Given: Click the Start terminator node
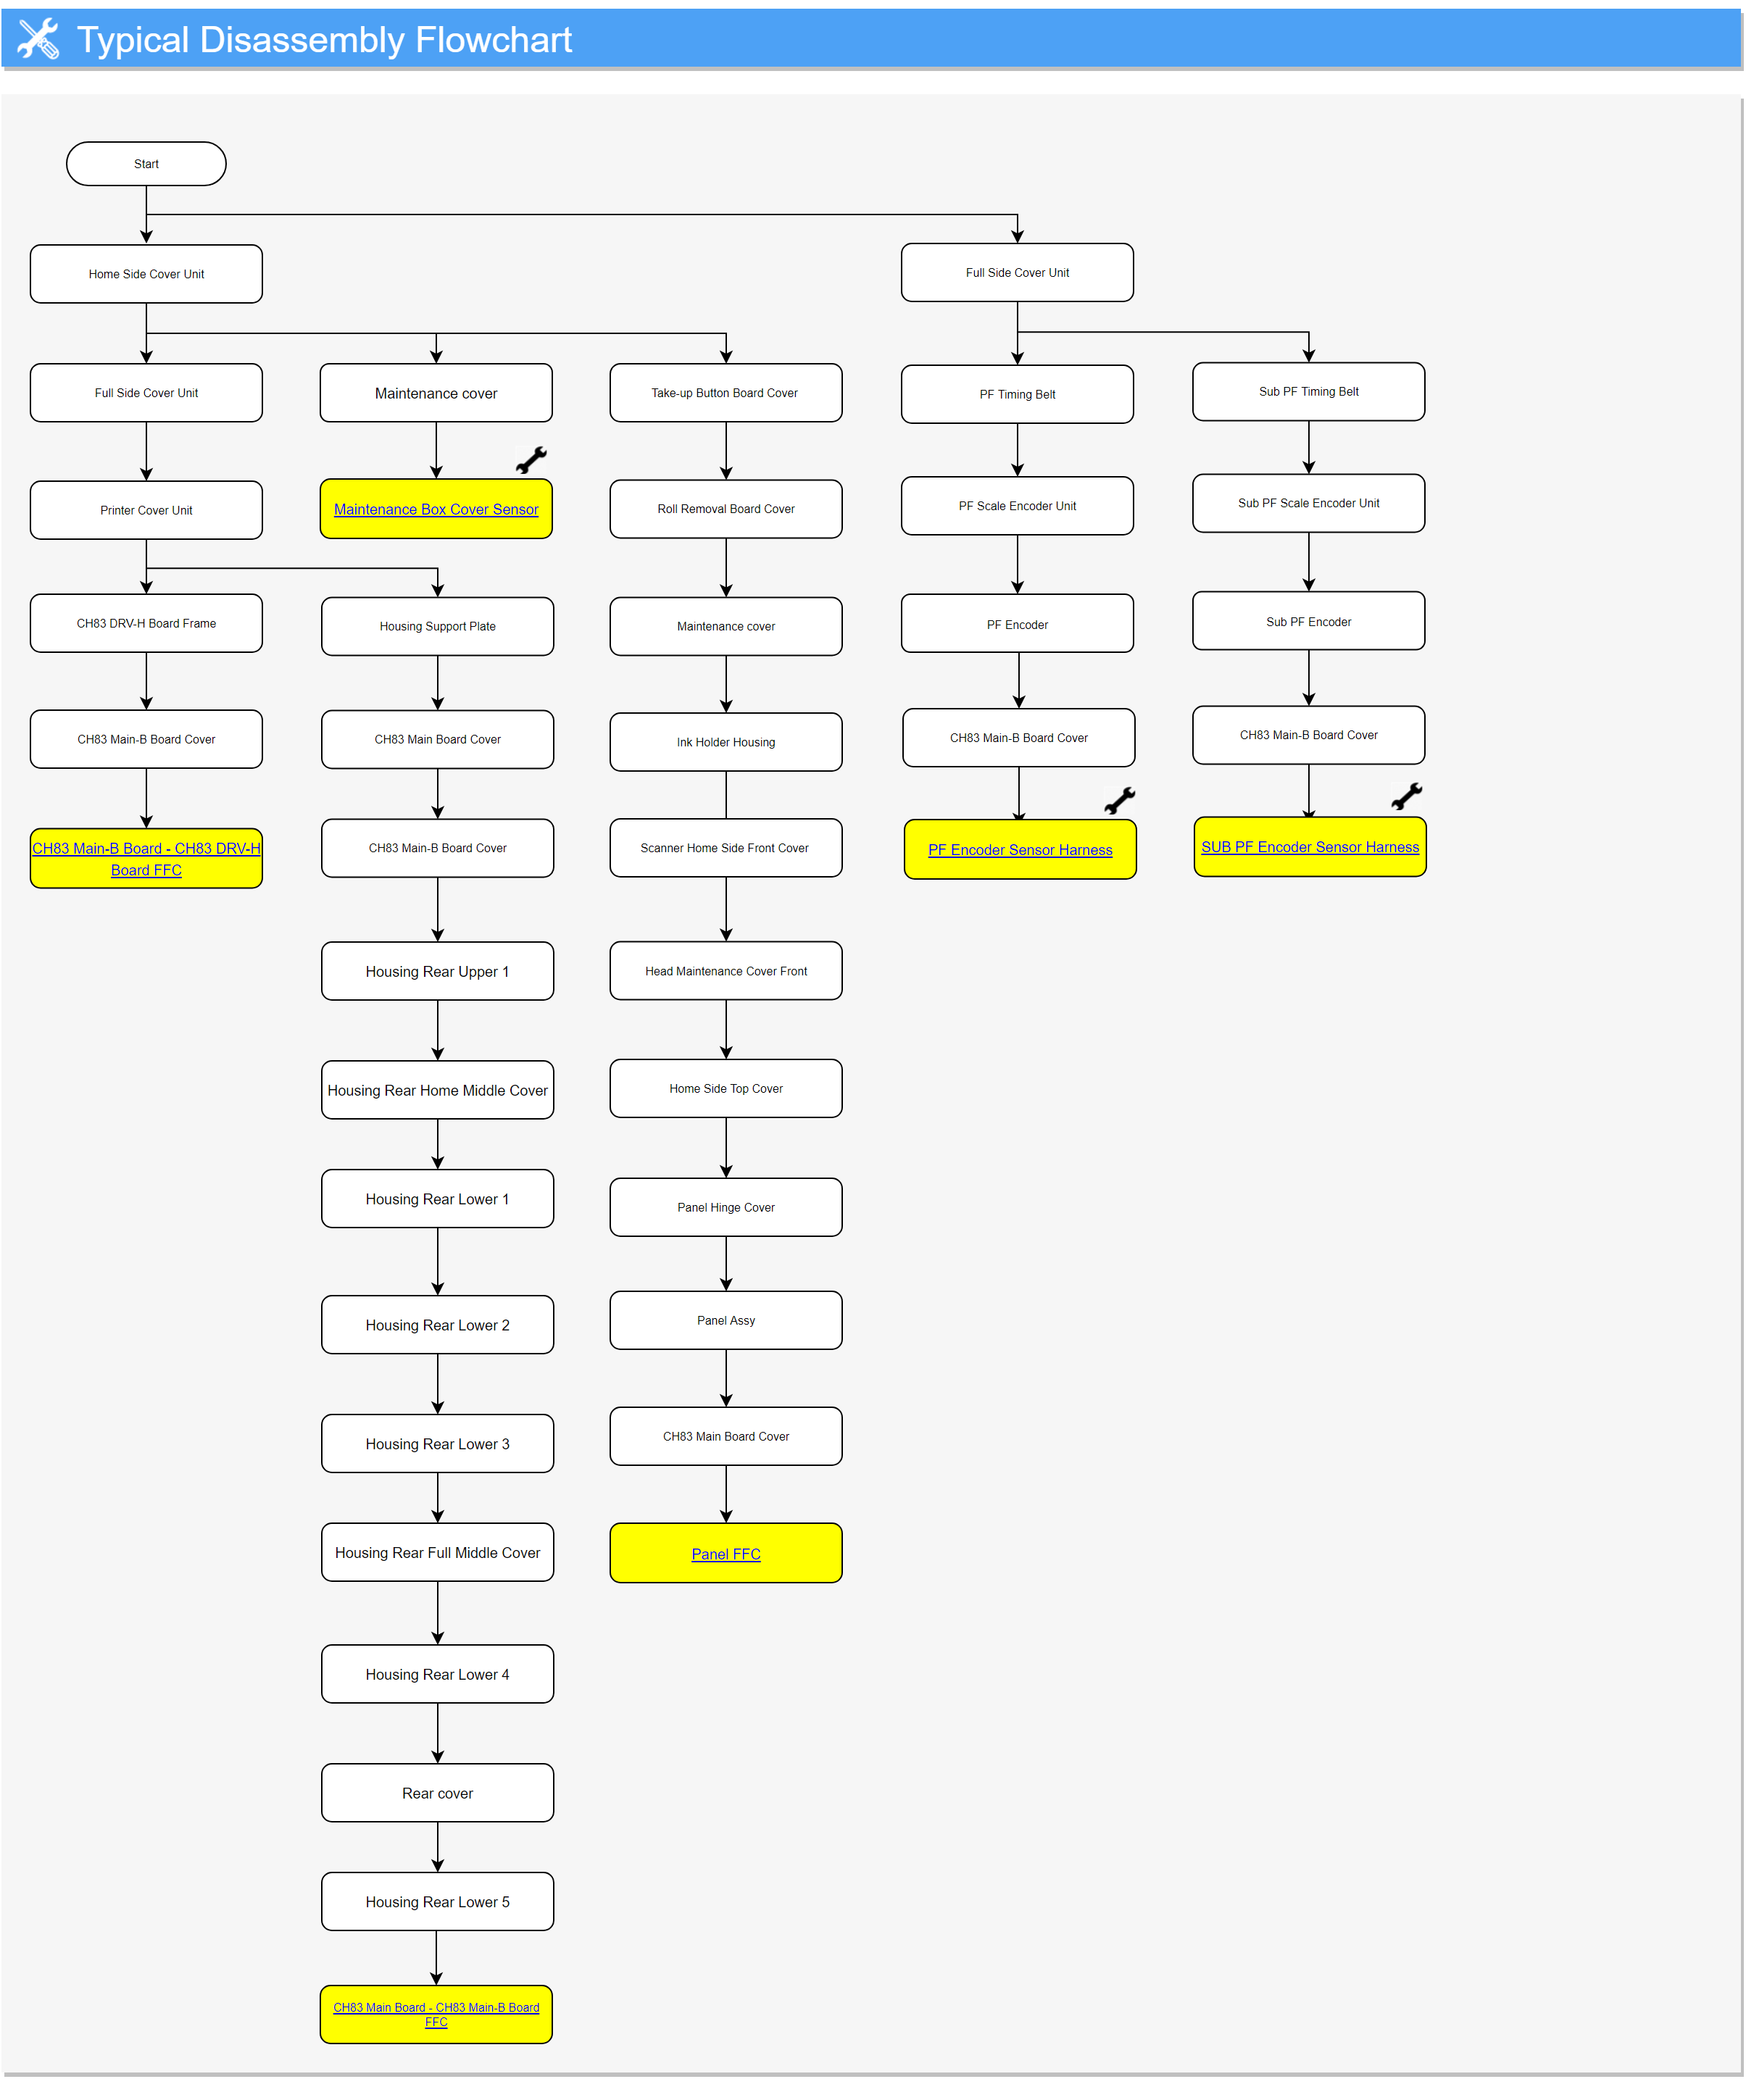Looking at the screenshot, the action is click(x=146, y=163).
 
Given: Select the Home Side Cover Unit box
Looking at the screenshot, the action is click(x=146, y=274).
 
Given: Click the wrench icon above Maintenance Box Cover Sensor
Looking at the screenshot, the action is click(x=532, y=459).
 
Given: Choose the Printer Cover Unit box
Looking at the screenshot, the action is click(x=146, y=511).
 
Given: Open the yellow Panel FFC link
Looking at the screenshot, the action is click(x=726, y=1554).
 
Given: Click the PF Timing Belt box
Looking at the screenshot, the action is click(x=1017, y=394).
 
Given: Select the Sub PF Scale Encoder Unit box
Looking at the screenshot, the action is click(x=1308, y=503).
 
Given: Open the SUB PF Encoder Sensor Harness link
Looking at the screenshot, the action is click(x=1309, y=847).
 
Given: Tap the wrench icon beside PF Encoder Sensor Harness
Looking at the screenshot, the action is click(x=1120, y=800).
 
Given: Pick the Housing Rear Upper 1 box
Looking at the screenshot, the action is click(x=437, y=971).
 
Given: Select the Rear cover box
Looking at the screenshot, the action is click(x=437, y=1793).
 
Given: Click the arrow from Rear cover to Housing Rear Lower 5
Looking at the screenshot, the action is click(x=437, y=1847).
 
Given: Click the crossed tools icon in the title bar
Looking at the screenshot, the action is click(x=38, y=38).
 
